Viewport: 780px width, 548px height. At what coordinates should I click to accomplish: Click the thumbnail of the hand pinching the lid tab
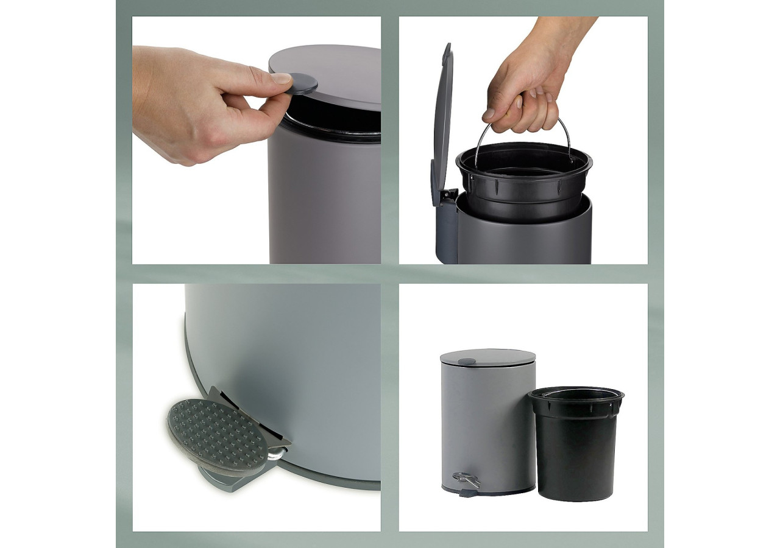[257, 140]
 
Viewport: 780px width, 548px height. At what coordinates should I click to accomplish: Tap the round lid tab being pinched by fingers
[303, 83]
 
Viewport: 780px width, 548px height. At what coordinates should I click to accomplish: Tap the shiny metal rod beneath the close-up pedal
[277, 454]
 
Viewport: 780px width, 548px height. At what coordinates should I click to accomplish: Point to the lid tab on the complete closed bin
[467, 362]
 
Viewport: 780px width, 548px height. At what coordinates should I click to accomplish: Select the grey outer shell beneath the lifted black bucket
[524, 241]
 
